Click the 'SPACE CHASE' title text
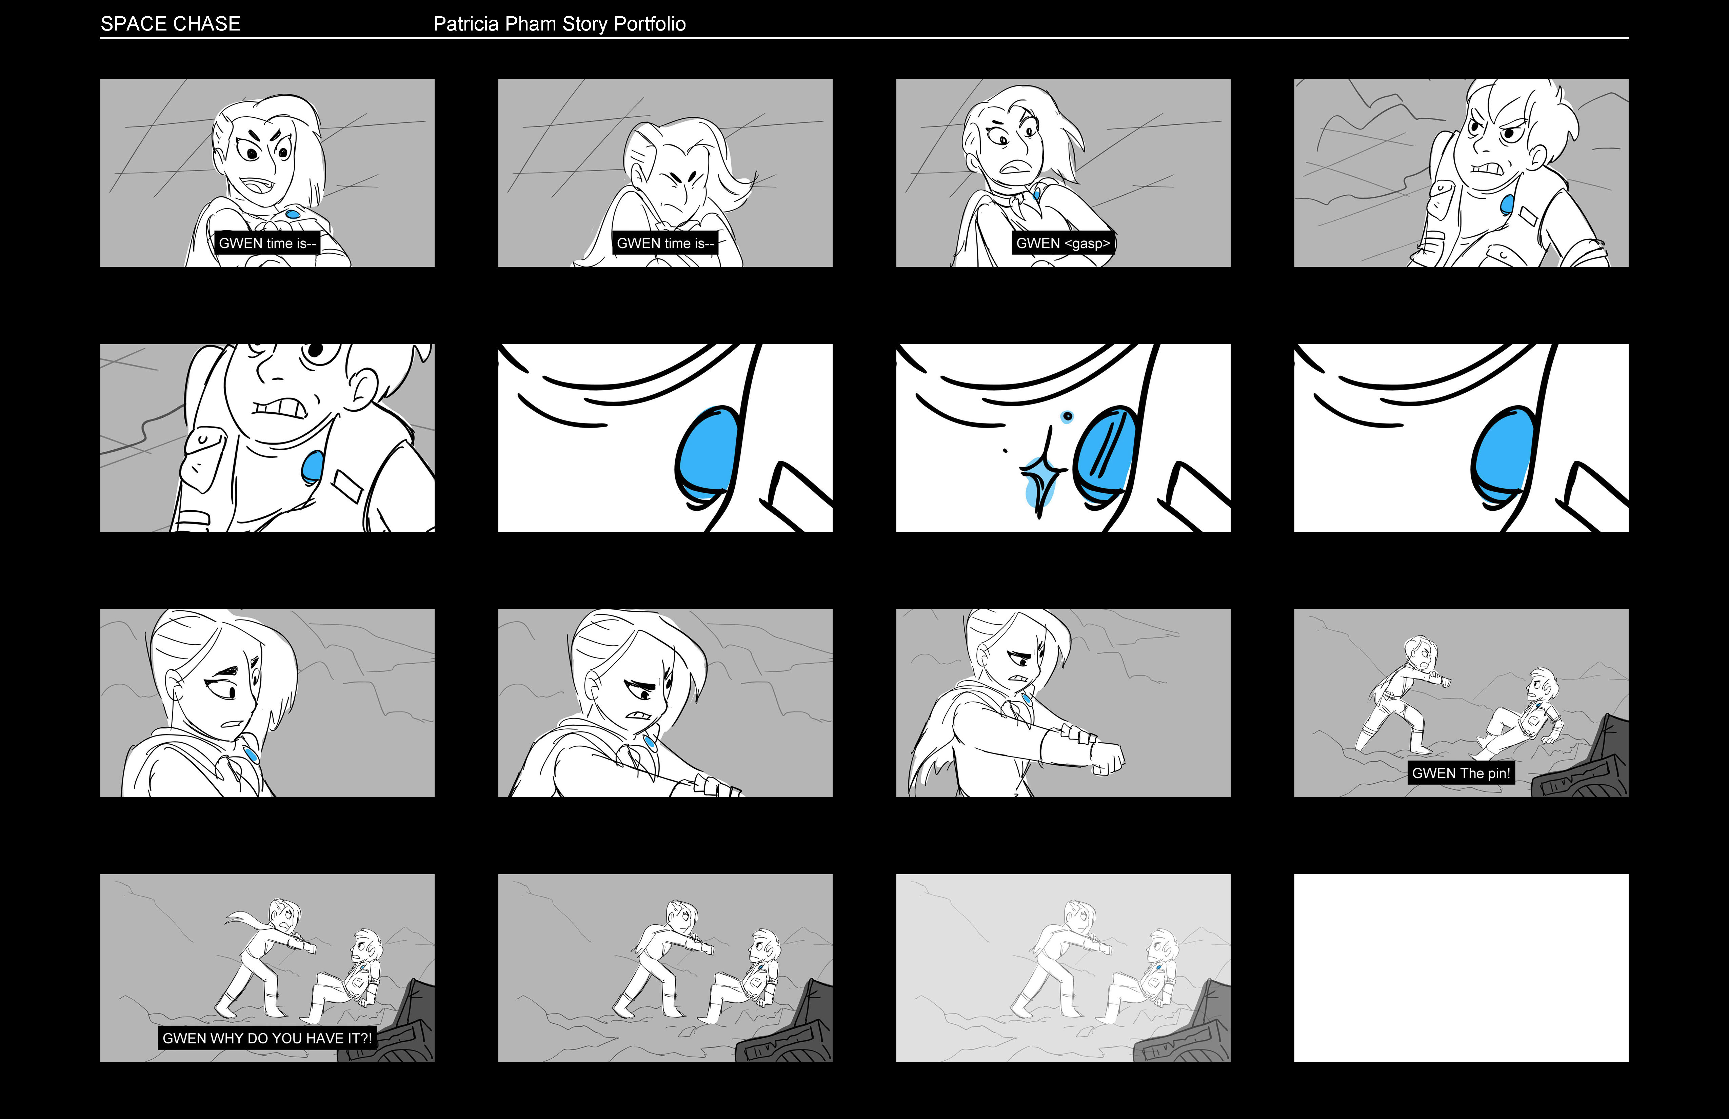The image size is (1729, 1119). click(170, 24)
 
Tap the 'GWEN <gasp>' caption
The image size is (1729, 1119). click(1063, 243)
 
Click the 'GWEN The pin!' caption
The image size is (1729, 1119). click(1461, 773)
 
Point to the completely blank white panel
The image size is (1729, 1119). click(1461, 968)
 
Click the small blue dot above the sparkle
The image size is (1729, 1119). click(1067, 416)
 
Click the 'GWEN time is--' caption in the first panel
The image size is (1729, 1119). click(267, 243)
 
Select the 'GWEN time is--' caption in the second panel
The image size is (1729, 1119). click(665, 243)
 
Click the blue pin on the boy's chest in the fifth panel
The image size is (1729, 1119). click(312, 467)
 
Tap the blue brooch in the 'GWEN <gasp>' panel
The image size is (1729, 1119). click(1037, 194)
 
